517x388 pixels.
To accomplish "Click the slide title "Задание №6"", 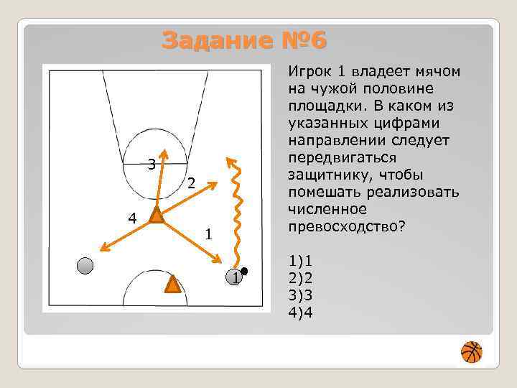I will [x=244, y=40].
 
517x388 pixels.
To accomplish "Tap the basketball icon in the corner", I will [x=472, y=352].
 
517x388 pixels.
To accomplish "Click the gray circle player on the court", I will [x=85, y=266].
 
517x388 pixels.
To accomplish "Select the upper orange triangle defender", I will [x=156, y=215].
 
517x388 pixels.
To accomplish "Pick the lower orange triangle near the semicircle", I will [x=172, y=285].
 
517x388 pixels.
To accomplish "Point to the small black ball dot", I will [x=244, y=271].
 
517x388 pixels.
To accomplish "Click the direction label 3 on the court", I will [x=151, y=165].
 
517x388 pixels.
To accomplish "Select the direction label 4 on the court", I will [x=132, y=216].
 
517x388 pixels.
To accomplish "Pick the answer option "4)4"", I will [x=300, y=313].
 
